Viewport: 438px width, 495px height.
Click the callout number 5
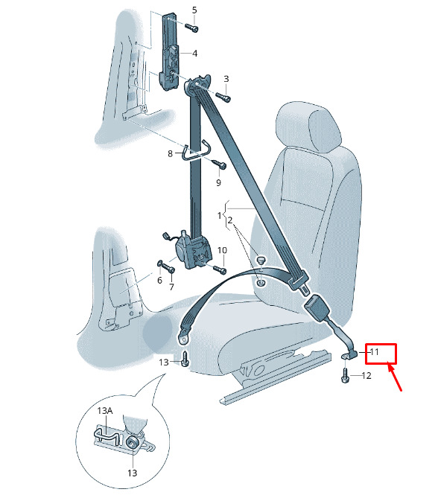(x=194, y=10)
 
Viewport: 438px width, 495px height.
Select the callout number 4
(x=194, y=54)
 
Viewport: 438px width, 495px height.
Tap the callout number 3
(x=226, y=79)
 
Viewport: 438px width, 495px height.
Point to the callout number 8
(x=170, y=154)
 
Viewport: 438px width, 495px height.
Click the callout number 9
(x=219, y=182)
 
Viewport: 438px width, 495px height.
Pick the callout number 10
(x=222, y=250)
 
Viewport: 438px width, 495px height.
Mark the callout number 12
(x=366, y=376)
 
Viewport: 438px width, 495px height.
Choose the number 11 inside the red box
(x=374, y=351)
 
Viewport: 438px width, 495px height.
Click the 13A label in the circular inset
(x=105, y=411)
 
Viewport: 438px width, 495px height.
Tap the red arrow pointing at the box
(x=395, y=377)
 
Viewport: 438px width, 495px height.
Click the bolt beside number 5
(x=191, y=28)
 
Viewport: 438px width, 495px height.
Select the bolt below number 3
(x=223, y=97)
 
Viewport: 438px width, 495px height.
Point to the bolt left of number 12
(x=346, y=375)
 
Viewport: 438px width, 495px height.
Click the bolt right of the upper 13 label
(x=185, y=359)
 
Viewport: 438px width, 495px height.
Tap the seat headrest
(x=308, y=128)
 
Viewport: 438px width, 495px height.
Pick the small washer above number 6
(x=159, y=263)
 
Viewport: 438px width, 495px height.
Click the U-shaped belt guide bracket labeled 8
(x=195, y=151)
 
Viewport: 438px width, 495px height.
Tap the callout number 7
(x=171, y=287)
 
